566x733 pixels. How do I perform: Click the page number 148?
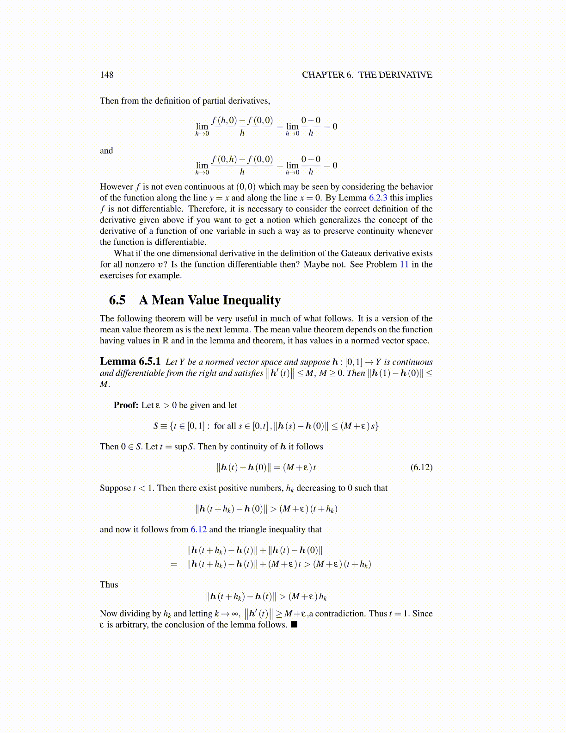pyautogui.click(x=106, y=75)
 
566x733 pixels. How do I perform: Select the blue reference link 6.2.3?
pyautogui.click(x=378, y=198)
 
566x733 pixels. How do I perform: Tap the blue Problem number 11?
pyautogui.click(x=404, y=265)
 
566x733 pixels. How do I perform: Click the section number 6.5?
pyautogui.click(x=117, y=300)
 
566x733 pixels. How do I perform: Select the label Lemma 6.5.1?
pyautogui.click(x=130, y=361)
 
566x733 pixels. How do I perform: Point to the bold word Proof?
pyautogui.click(x=126, y=405)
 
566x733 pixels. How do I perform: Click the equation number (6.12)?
pyautogui.click(x=421, y=467)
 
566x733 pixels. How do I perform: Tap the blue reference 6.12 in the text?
pyautogui.click(x=198, y=529)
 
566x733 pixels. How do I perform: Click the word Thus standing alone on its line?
pyautogui.click(x=109, y=585)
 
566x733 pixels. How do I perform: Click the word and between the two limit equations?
pyautogui.click(x=106, y=151)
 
